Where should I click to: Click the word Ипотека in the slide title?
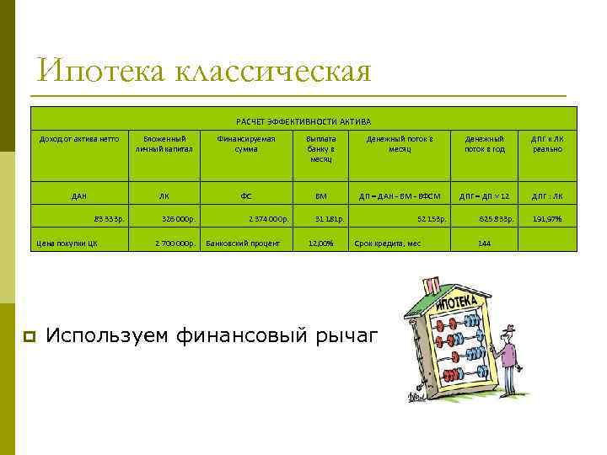click(x=99, y=71)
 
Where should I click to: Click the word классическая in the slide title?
click(x=273, y=71)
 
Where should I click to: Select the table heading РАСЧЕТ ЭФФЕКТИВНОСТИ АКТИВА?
click(x=303, y=121)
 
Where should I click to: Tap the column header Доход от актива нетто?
click(x=80, y=138)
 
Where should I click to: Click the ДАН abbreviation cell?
click(x=79, y=196)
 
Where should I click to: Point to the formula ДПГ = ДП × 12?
click(x=485, y=196)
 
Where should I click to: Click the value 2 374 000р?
click(x=269, y=219)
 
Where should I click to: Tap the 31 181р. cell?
click(x=329, y=219)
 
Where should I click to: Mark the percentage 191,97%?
click(x=547, y=219)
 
